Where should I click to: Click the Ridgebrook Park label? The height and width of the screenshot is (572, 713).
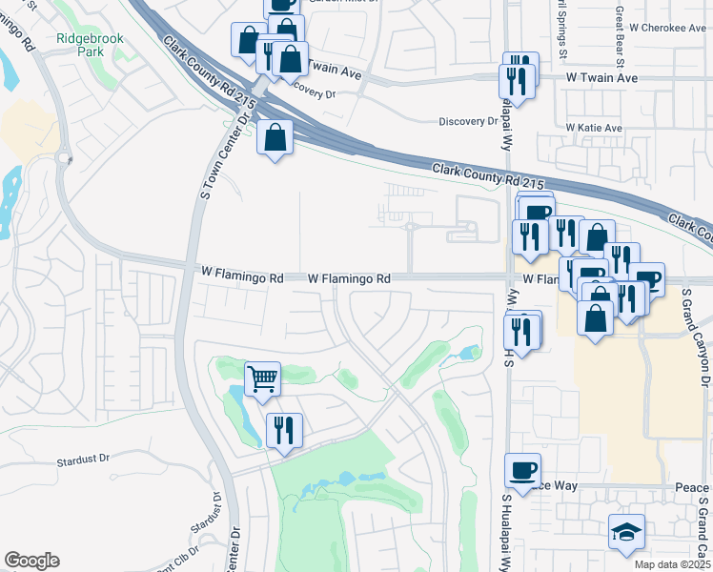click(x=92, y=46)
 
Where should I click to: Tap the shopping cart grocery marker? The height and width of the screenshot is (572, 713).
click(x=262, y=378)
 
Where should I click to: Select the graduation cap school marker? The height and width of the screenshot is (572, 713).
click(x=626, y=532)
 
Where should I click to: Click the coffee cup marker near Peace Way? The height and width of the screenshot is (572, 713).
click(x=522, y=470)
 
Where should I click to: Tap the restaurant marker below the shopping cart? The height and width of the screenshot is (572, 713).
click(x=284, y=430)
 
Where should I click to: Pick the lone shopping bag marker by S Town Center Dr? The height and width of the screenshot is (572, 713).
click(x=275, y=139)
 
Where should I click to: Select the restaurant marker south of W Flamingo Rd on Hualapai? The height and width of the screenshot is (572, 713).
click(x=521, y=332)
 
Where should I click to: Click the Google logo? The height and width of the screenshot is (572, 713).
click(x=31, y=561)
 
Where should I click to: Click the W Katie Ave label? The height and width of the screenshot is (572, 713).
click(x=593, y=128)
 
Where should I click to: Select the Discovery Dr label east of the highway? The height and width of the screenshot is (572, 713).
click(x=468, y=121)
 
